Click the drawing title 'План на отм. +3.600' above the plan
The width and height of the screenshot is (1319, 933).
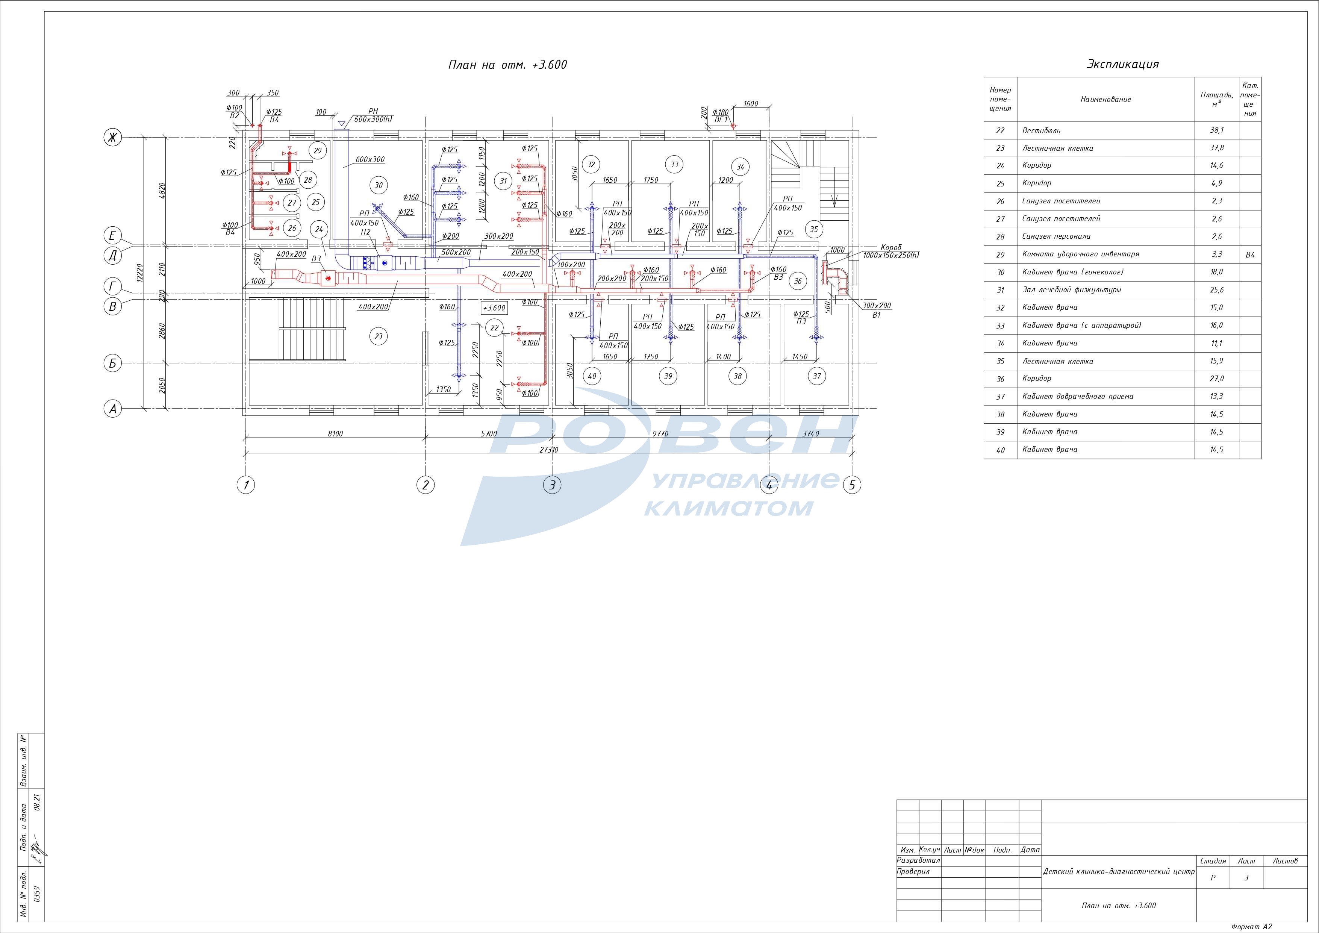click(507, 64)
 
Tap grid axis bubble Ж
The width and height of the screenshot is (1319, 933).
click(113, 137)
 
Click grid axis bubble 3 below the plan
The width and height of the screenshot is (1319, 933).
click(552, 485)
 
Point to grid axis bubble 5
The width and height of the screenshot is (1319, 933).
click(851, 485)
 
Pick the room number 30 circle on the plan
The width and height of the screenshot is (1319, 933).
click(379, 185)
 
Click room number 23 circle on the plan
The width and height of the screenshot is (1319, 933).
click(379, 336)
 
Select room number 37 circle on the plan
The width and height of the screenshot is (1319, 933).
click(816, 376)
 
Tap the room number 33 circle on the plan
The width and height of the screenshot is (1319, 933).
click(674, 164)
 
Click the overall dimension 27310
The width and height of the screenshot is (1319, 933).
click(549, 450)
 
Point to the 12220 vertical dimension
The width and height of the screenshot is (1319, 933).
click(139, 273)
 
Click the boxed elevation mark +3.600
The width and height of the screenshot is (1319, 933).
click(494, 308)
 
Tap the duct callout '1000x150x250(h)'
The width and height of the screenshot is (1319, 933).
click(891, 255)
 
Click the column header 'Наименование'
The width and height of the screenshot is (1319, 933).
click(1105, 99)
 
